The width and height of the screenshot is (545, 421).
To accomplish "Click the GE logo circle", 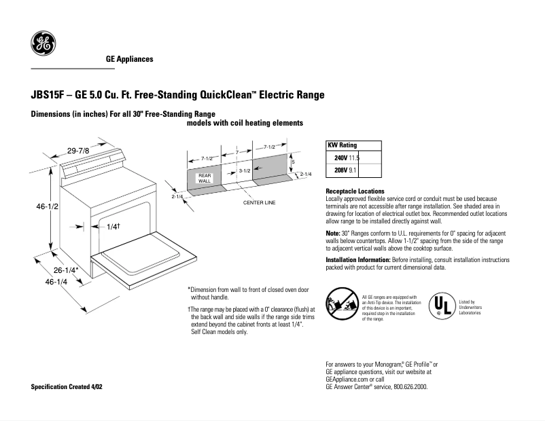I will click(43, 44).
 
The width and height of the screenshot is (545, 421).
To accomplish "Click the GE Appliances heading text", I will click(129, 59).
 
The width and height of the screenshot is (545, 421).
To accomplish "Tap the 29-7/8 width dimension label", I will click(78, 150).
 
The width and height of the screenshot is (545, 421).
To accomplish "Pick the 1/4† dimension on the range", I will click(113, 226).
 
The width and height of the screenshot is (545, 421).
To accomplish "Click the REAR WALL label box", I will click(205, 178).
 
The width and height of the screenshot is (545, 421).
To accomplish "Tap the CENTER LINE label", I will click(259, 202).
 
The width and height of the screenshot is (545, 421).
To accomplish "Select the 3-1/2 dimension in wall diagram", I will click(245, 170).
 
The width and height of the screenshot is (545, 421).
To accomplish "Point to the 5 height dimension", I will click(293, 163).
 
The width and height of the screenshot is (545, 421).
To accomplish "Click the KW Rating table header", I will click(342, 145).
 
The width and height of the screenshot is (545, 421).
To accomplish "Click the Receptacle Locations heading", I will click(355, 191).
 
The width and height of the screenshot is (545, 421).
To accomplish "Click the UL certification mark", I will click(441, 305).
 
